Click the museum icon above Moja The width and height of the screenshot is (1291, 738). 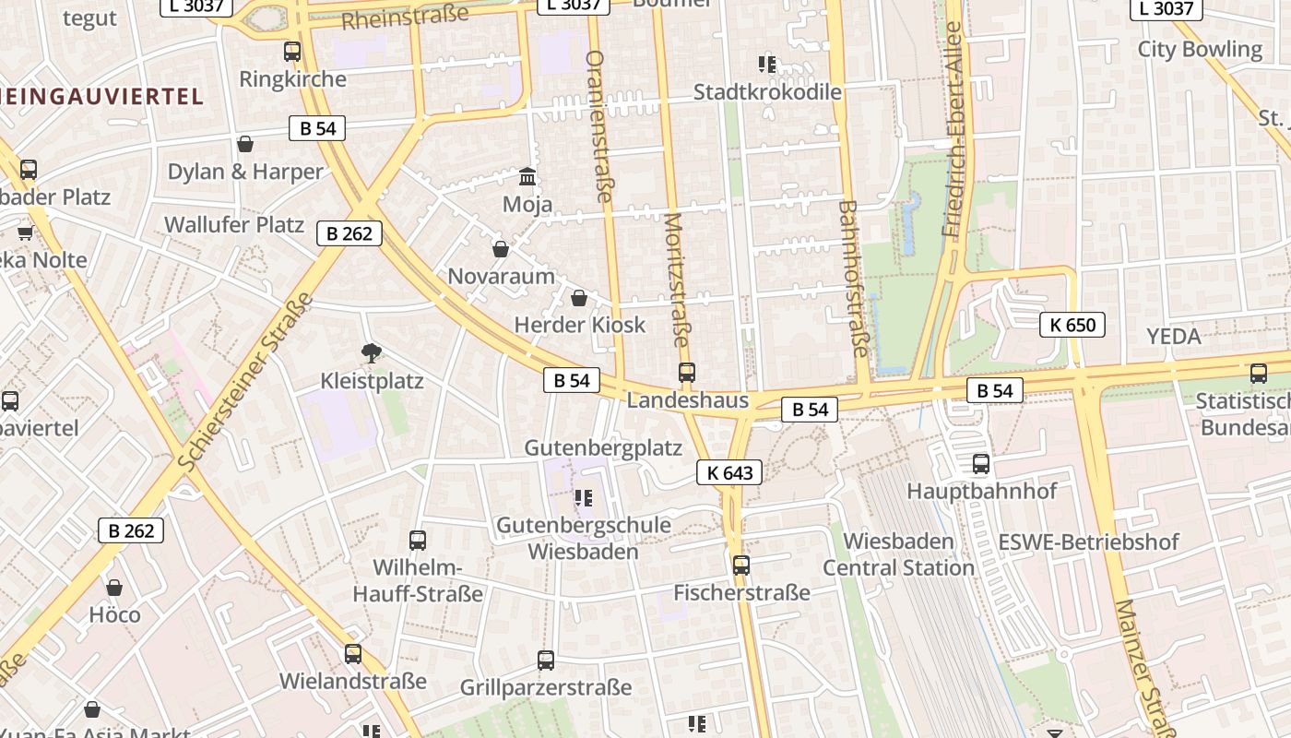click(x=527, y=175)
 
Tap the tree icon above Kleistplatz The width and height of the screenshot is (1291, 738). click(x=372, y=352)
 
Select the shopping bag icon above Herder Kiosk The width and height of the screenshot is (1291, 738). click(x=579, y=298)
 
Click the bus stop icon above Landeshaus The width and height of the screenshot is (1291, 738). click(x=687, y=372)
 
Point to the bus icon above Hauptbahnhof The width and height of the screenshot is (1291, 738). click(x=981, y=463)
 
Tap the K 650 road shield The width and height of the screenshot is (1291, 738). click(x=1072, y=325)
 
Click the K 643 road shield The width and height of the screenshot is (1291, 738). click(x=729, y=473)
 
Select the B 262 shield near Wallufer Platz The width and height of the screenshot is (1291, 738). click(x=349, y=233)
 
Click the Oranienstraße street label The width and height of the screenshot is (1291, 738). click(x=599, y=125)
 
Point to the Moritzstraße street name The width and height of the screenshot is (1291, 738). click(x=676, y=280)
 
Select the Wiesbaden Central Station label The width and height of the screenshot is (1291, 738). click(x=898, y=553)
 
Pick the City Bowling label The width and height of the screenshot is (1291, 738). click(x=1200, y=49)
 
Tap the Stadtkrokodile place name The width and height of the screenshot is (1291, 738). click(x=767, y=92)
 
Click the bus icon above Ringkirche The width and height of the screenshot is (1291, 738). click(x=292, y=52)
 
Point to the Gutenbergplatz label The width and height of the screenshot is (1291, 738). click(x=603, y=448)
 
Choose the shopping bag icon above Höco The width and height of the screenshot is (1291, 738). click(x=114, y=588)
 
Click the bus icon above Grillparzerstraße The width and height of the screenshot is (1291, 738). click(x=546, y=660)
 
